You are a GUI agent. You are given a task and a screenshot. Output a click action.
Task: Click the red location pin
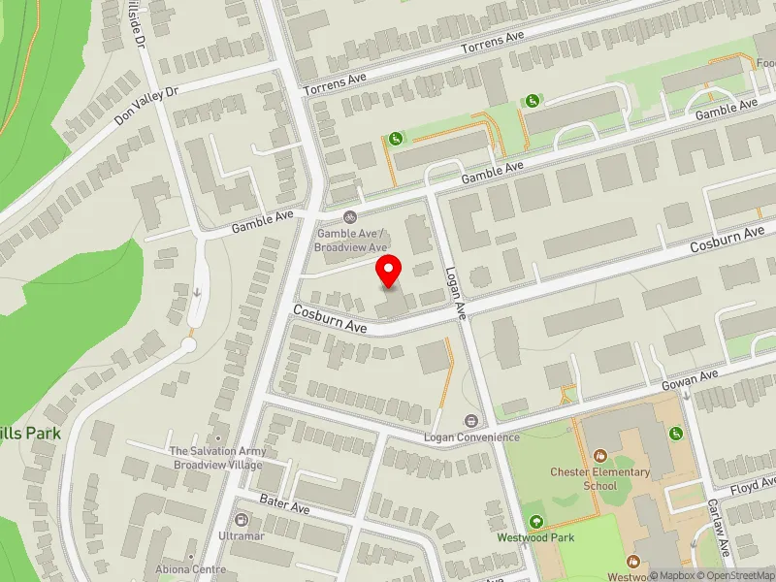tap(389, 271)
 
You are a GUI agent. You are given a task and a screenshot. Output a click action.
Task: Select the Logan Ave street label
tap(457, 293)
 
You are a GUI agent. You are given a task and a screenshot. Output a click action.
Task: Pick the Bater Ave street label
tap(284, 502)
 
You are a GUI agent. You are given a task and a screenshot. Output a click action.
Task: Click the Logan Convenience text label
tap(471, 437)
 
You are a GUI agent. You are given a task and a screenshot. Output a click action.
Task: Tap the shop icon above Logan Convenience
tap(471, 421)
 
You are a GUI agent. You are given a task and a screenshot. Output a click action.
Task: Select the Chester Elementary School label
tap(600, 478)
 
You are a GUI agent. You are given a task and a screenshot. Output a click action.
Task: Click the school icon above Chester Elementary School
tap(600, 454)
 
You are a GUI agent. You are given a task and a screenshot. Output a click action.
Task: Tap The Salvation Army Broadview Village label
tap(218, 457)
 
